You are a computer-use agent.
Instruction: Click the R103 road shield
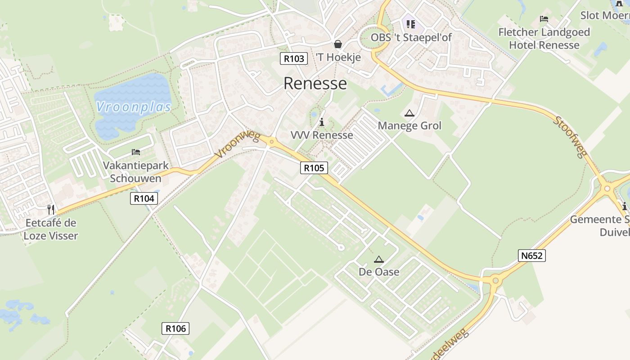[x=294, y=58]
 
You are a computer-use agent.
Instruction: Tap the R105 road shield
[x=314, y=168]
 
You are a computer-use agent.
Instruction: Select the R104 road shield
[x=144, y=198]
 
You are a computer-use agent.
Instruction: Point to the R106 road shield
[x=175, y=328]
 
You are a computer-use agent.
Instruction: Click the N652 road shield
[x=532, y=256]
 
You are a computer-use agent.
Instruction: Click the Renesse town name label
[x=315, y=84]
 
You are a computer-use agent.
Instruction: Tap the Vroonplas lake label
[x=134, y=107]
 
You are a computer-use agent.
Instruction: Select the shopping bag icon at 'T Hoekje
[x=337, y=44]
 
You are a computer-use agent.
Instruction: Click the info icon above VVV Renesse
[x=321, y=122]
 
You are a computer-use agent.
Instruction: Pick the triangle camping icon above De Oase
[x=379, y=259]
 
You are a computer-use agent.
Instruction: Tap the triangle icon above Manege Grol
[x=409, y=113]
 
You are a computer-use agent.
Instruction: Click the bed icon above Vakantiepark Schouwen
[x=136, y=152]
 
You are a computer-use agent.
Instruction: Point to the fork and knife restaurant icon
[x=51, y=209]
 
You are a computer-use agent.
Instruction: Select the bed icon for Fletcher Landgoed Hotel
[x=544, y=19]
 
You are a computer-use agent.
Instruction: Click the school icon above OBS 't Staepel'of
[x=410, y=24]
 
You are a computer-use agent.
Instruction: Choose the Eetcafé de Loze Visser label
[x=51, y=229]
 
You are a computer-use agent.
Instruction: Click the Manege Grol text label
[x=409, y=126]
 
